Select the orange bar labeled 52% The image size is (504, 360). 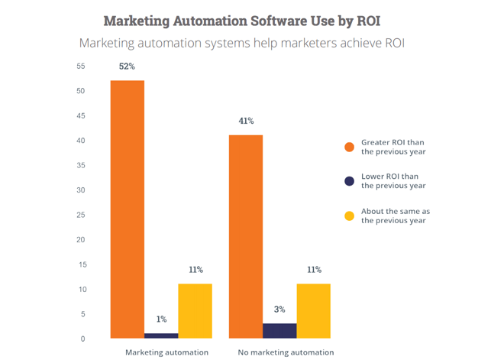coord(128,209)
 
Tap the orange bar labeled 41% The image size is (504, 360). coord(246,236)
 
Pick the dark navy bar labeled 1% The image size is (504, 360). coord(161,336)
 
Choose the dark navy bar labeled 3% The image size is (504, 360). coord(279,330)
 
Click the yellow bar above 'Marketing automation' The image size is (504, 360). coord(195,310)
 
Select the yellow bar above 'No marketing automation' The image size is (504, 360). coord(313,310)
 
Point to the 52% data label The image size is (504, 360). coord(127,66)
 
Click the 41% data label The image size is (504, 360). coord(246,121)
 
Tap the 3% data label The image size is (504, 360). coord(279,310)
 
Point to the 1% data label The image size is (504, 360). coord(161,319)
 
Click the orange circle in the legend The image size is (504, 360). coord(350,146)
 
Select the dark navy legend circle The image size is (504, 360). coord(350,181)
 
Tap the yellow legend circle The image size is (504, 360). coord(350,216)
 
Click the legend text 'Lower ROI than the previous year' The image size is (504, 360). coord(393,181)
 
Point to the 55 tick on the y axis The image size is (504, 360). coord(81,66)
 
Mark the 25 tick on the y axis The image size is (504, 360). coord(81,215)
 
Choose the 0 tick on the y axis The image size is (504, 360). coord(83,339)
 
